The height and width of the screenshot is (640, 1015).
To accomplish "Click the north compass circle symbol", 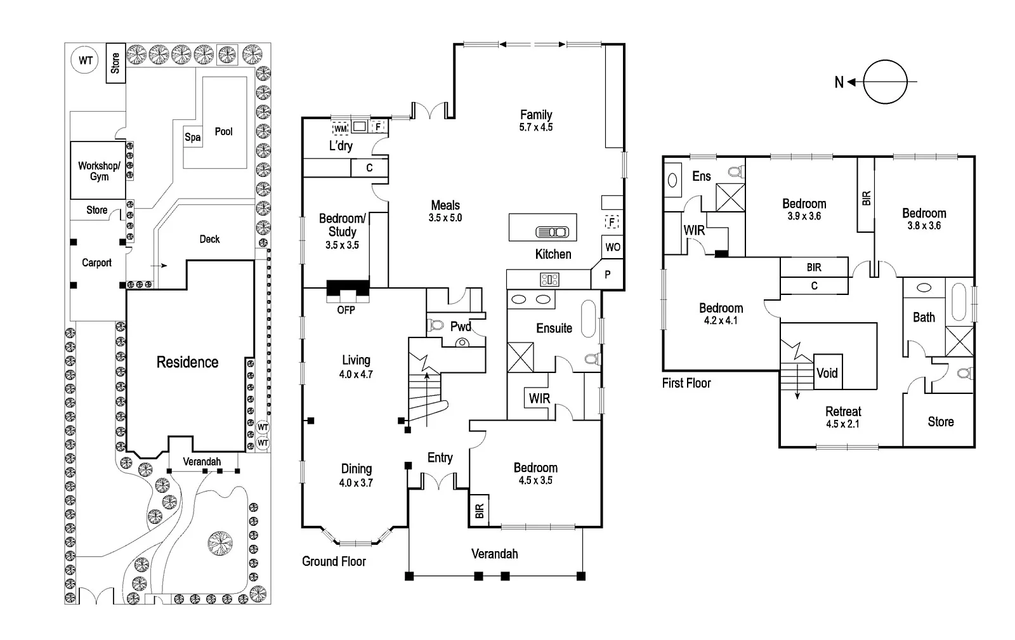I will pyautogui.click(x=886, y=82).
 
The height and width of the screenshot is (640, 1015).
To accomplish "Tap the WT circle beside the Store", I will pyautogui.click(x=85, y=61).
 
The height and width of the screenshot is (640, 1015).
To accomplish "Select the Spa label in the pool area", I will pyautogui.click(x=193, y=137).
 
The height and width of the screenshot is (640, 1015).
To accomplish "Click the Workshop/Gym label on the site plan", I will pyautogui.click(x=98, y=171).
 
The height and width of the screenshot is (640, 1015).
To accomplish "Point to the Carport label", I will pyautogui.click(x=96, y=263).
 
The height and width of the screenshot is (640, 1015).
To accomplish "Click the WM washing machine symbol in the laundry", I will pyautogui.click(x=341, y=128).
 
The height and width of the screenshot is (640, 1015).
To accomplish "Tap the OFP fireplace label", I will pyautogui.click(x=346, y=310).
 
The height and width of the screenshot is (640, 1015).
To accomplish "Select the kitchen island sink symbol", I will pyautogui.click(x=553, y=232).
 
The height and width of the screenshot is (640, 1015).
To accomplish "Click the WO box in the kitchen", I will pyautogui.click(x=613, y=247).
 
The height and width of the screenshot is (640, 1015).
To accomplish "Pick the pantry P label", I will pyautogui.click(x=608, y=275).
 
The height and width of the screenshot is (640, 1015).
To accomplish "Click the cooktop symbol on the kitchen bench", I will pyautogui.click(x=549, y=279).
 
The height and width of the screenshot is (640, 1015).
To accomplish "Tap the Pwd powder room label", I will pyautogui.click(x=461, y=327).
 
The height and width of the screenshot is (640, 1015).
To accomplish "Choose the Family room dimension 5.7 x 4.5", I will pyautogui.click(x=536, y=127).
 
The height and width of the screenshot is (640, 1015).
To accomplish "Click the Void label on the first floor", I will pyautogui.click(x=827, y=373).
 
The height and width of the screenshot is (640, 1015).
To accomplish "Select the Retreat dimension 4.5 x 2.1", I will pyautogui.click(x=843, y=424).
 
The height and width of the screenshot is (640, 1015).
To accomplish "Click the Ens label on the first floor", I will pyautogui.click(x=702, y=176).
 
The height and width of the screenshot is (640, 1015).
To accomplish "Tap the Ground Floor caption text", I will pyautogui.click(x=334, y=561).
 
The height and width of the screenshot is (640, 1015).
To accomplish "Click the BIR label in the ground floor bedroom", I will pyautogui.click(x=479, y=511).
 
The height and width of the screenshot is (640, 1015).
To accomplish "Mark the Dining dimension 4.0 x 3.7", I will pyautogui.click(x=356, y=483).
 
